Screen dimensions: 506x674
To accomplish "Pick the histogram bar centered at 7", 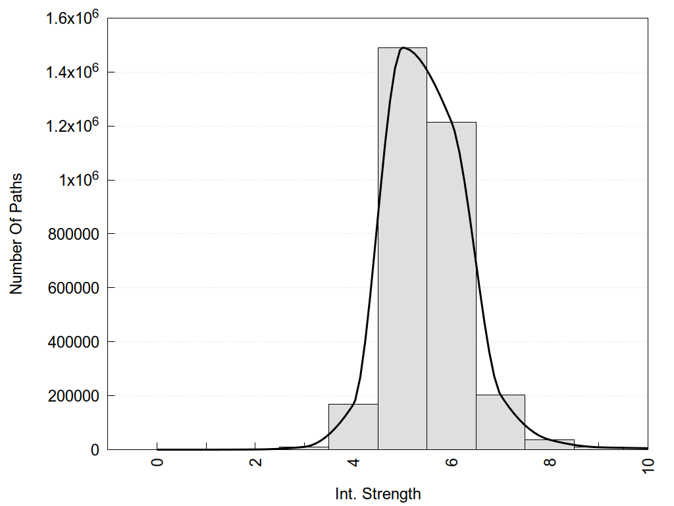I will (500, 422).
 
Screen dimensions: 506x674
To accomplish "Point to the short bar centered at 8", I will (550, 445).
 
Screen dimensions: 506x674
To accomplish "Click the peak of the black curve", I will (402, 47).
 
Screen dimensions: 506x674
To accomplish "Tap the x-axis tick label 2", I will (255, 461).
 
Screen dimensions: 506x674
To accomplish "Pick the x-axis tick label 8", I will (550, 461).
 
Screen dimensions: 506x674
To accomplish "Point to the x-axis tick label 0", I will (157, 461).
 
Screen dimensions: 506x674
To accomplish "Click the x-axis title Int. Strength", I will (377, 493).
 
